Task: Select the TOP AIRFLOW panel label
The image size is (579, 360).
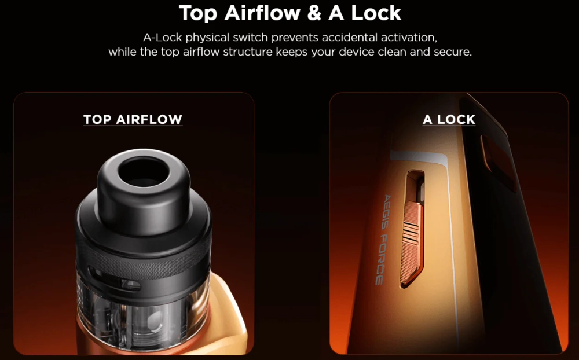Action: tap(133, 120)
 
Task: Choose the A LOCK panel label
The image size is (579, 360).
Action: tap(449, 120)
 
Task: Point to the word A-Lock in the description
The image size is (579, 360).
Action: tap(162, 38)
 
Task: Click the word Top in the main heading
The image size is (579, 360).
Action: tap(200, 12)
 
